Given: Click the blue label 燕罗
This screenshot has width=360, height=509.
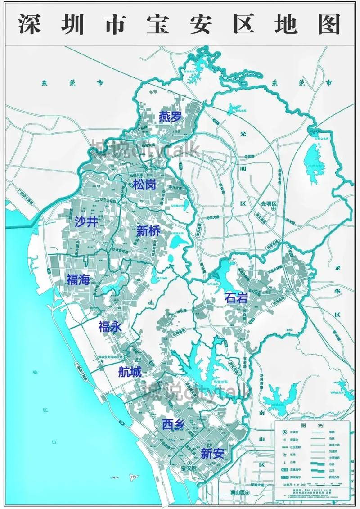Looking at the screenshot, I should (170, 117).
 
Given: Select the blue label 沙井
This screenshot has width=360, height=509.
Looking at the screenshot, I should (86, 221).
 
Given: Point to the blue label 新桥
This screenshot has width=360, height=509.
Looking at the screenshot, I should (148, 231).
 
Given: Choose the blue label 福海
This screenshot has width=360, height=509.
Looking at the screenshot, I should (78, 279).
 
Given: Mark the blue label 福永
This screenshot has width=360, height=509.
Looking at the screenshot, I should (110, 326).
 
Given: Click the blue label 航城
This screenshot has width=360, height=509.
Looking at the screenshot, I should (130, 372).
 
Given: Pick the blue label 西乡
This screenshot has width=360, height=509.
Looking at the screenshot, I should (173, 424).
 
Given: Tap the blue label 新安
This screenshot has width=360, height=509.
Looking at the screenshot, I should (212, 453).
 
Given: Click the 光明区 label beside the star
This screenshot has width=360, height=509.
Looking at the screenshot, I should (271, 204).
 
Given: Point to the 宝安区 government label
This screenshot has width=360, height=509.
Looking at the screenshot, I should (189, 468).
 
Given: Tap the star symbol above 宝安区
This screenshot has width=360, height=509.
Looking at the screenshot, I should (190, 463).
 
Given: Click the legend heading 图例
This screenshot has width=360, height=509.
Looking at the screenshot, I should (310, 425).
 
